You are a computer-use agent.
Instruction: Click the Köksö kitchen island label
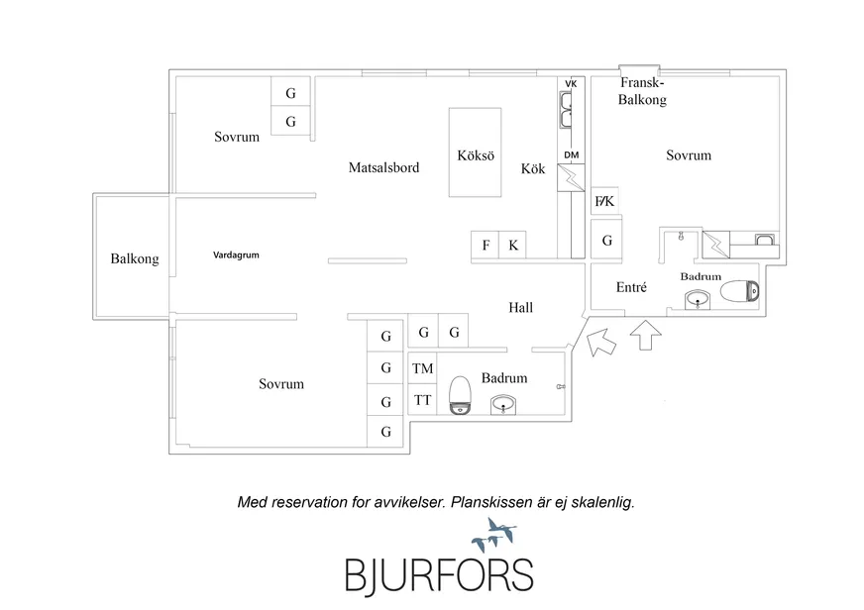[x=476, y=156]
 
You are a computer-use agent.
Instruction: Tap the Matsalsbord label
[x=383, y=168]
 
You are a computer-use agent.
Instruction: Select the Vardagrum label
[x=236, y=255]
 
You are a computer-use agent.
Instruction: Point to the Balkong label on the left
[x=135, y=260]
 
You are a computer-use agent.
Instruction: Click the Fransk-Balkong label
[x=642, y=93]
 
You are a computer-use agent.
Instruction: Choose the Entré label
[x=631, y=287]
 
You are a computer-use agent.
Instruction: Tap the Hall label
[x=520, y=308]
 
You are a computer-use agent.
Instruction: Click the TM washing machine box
[x=423, y=368]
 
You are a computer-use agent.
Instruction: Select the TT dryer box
[x=423, y=400]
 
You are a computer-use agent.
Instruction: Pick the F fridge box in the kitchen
[x=486, y=246]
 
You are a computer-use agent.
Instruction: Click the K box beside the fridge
[x=513, y=246]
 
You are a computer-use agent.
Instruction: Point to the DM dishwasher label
[x=571, y=155]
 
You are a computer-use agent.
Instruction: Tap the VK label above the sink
[x=571, y=83]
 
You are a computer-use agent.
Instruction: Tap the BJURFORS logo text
[x=439, y=574]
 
